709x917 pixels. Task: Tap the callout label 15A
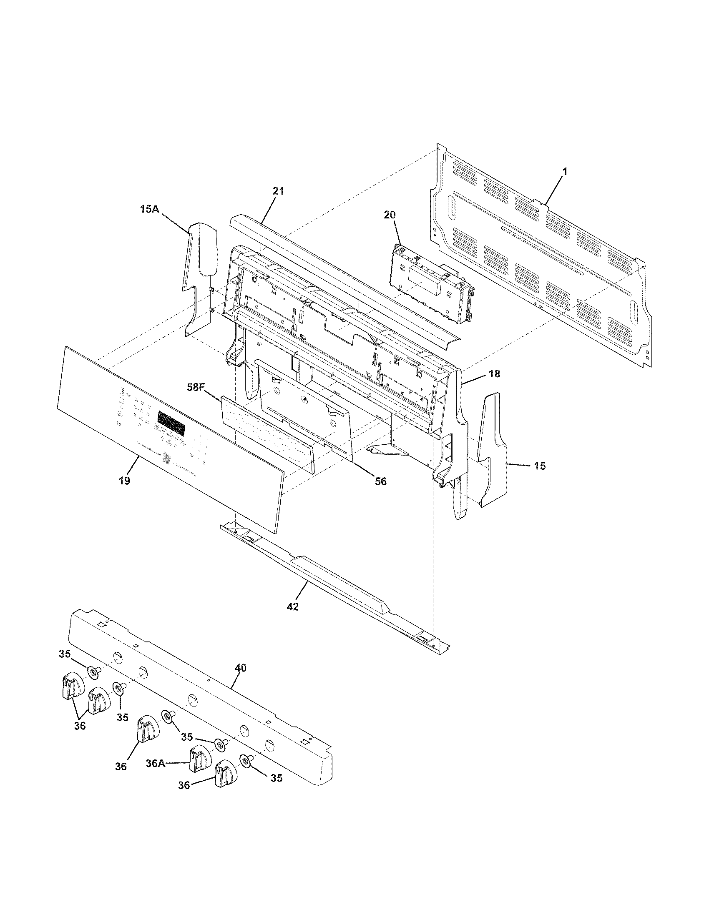tap(150, 209)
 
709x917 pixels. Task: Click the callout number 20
tap(390, 215)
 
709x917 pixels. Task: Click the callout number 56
tap(380, 481)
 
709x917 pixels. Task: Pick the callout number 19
tap(124, 481)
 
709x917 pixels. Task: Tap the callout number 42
tap(293, 606)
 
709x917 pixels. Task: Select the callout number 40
tap(241, 668)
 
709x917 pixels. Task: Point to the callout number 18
tap(495, 374)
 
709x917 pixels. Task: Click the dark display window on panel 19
tap(171, 423)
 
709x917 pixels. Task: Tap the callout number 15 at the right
tap(540, 466)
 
